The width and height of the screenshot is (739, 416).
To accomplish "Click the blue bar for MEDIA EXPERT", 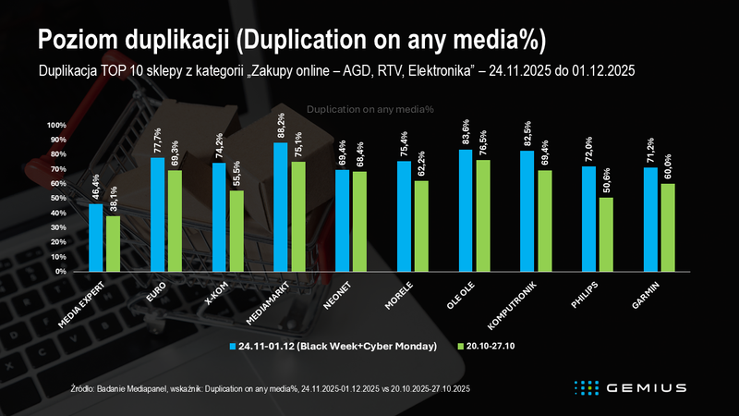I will coord(96,238).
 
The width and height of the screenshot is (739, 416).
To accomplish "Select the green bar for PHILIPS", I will coord(606,235).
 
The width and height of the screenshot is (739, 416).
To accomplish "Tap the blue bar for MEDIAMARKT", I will coord(281,207).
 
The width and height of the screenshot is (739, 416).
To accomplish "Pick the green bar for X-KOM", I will coord(236,231).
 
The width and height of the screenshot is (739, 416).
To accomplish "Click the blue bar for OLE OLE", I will coord(466,211).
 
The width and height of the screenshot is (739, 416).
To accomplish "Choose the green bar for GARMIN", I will coord(668,227).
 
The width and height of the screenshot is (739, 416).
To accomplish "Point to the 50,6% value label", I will coord(606,178).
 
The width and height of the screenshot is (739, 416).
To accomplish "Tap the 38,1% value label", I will coord(113,197).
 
